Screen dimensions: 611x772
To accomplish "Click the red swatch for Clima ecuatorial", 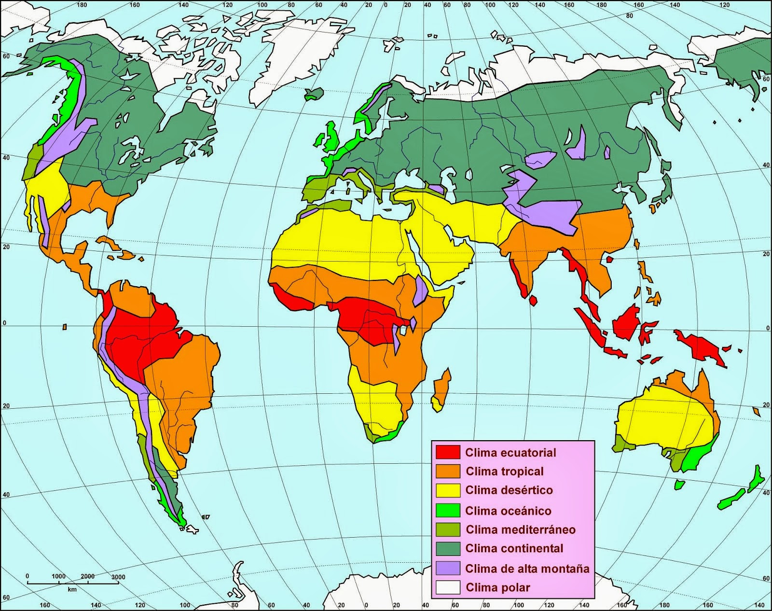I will click(448, 452).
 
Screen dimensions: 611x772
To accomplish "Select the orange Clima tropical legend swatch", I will click(448, 471).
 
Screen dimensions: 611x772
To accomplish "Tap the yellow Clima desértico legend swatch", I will click(448, 490).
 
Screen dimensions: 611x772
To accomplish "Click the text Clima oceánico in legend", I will click(508, 511).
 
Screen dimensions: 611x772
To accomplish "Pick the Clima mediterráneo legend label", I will click(520, 529).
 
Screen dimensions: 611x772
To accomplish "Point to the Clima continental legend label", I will click(514, 548).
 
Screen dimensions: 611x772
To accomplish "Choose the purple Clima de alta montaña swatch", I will click(448, 568).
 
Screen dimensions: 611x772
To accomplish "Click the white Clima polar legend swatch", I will click(448, 587).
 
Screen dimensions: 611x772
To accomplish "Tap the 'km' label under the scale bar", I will click(72, 589).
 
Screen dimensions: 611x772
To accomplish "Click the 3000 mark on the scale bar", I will click(118, 577).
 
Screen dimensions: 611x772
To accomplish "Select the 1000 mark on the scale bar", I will click(58, 577).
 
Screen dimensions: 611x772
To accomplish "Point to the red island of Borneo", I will click(626, 322).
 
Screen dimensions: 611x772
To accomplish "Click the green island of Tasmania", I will click(679, 484).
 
